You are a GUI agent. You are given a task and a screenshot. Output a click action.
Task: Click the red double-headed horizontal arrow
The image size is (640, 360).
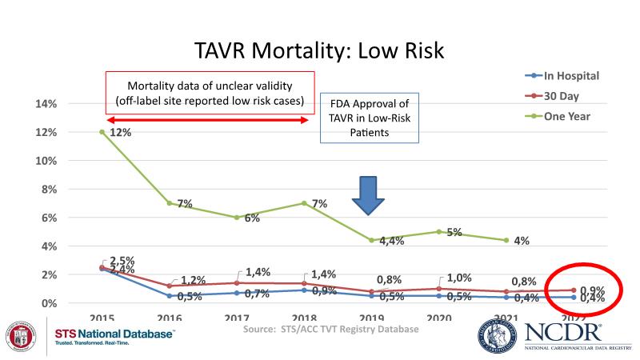pyautogui.click(x=205, y=121)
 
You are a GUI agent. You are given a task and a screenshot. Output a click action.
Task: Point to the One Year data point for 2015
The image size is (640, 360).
pyautogui.click(x=102, y=132)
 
